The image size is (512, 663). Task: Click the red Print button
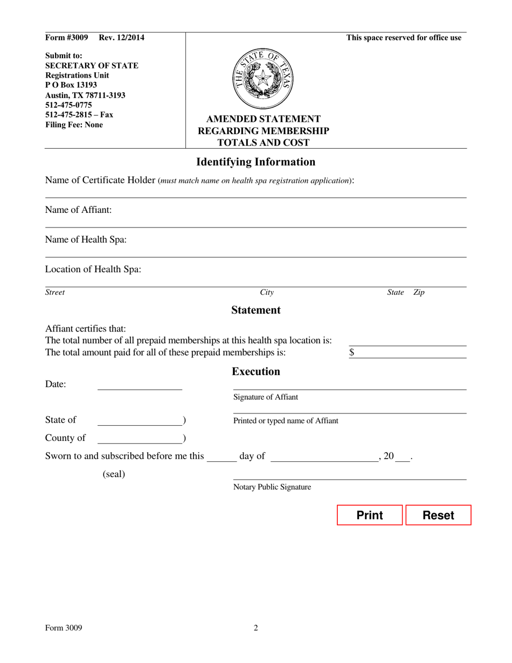click(370, 515)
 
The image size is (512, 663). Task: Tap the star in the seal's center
click(263, 79)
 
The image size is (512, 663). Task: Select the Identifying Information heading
click(255, 162)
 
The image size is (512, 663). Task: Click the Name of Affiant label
click(78, 210)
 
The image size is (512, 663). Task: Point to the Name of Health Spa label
click(86, 240)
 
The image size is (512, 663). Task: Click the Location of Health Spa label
click(93, 270)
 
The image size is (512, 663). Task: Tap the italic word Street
click(54, 293)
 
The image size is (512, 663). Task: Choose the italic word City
click(267, 293)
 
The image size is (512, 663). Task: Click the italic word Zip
click(419, 293)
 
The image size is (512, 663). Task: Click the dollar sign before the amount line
click(352, 353)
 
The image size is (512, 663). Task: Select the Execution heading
click(255, 372)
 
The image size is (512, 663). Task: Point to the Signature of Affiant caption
click(265, 397)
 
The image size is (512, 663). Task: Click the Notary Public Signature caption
click(272, 487)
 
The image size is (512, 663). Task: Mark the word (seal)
click(114, 474)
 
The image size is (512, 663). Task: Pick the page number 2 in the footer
click(255, 627)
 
